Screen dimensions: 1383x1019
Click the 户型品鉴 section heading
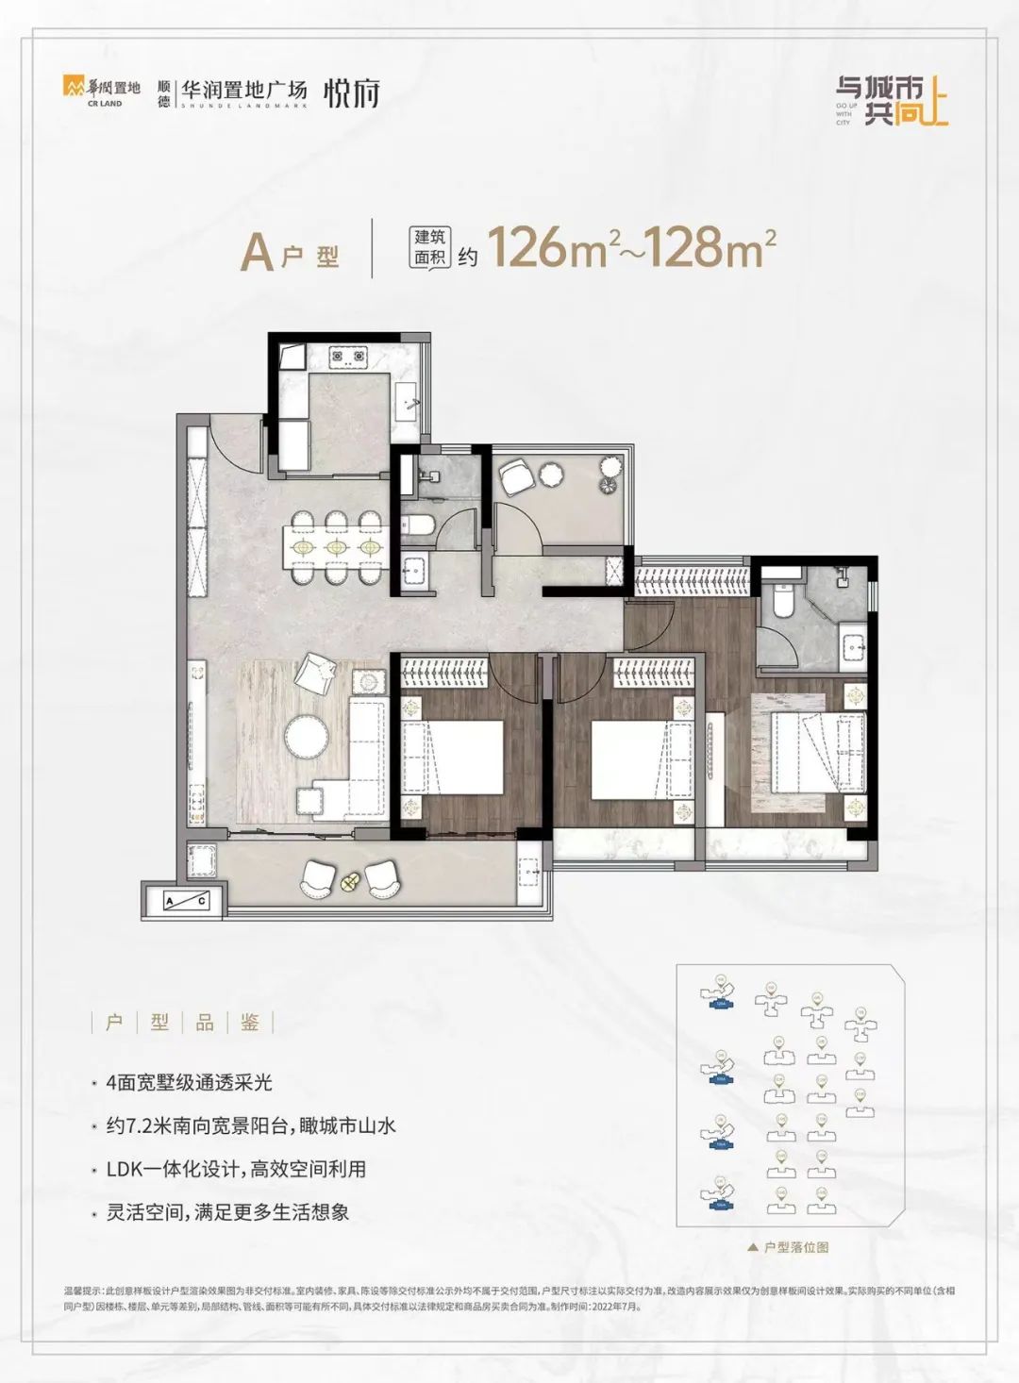[182, 1024]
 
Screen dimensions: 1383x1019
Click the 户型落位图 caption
[793, 1247]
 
